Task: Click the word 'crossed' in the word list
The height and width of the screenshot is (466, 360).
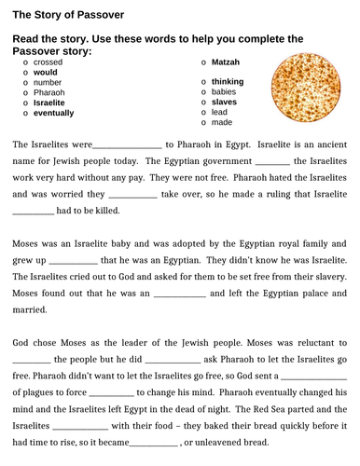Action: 49,62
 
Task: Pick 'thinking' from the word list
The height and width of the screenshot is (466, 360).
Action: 228,82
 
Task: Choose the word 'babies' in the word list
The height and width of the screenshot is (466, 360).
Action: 224,92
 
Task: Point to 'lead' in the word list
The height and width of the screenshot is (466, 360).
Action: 219,112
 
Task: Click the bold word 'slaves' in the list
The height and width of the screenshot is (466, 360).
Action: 225,102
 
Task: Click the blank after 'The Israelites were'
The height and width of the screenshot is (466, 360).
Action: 128,145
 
